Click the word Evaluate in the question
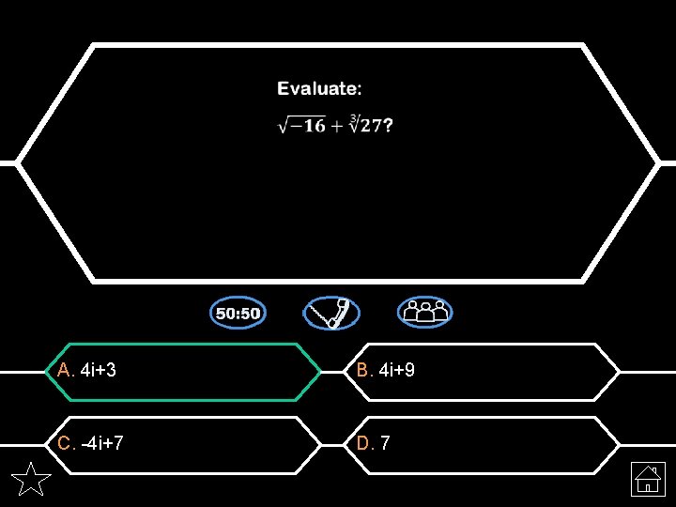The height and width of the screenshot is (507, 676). point(316,89)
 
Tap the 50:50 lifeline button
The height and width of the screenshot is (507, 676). point(238,313)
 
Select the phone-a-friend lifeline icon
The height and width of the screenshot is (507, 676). point(331,313)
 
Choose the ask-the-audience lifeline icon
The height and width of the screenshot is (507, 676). point(424,313)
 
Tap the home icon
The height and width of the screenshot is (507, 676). point(648,480)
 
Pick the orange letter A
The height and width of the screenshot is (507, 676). point(64,371)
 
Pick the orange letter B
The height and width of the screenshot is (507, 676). point(362,371)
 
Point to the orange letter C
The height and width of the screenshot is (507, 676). point(64,443)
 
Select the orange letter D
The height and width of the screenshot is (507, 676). point(362,443)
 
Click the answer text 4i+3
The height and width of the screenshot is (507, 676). point(99,371)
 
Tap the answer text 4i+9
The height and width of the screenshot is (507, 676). point(397,371)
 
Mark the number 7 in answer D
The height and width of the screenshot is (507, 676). point(386,443)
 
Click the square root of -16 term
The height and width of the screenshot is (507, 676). point(301,126)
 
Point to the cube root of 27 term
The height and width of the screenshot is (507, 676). point(366,125)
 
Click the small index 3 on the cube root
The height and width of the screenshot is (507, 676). point(353,118)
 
